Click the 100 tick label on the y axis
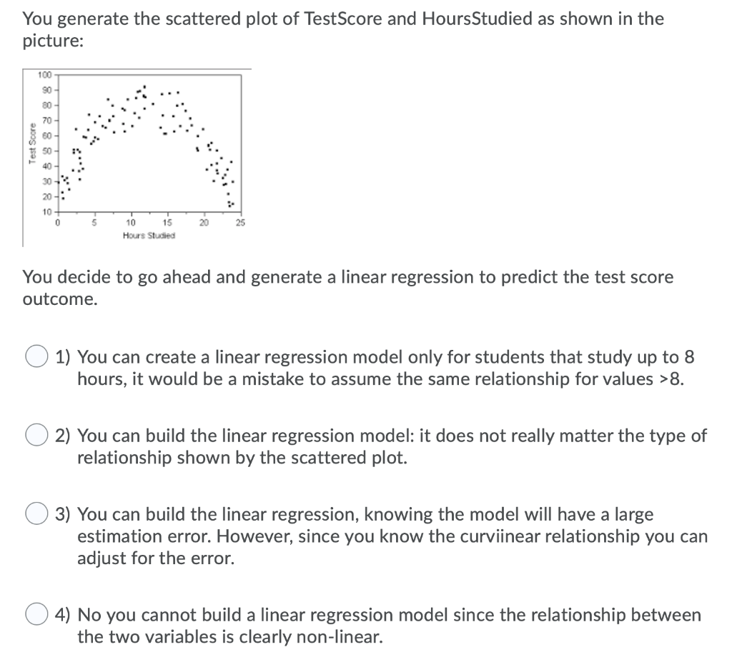click(x=46, y=74)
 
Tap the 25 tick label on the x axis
click(x=240, y=223)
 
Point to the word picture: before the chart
click(x=53, y=41)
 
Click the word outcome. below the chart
click(x=59, y=299)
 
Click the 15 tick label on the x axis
click(x=167, y=223)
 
